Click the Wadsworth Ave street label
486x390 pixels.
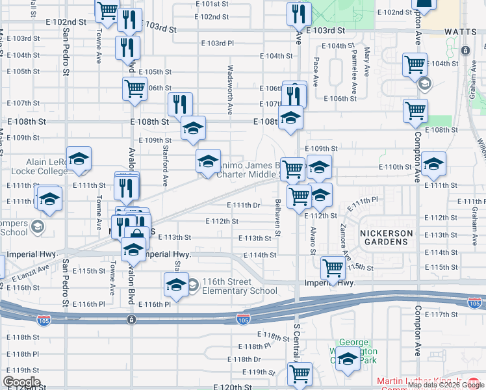click(x=229, y=88)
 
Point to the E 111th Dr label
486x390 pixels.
click(x=244, y=205)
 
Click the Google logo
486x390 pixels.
click(x=21, y=382)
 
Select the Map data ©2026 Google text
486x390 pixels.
click(x=446, y=385)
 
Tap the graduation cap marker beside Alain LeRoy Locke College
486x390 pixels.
click(x=79, y=159)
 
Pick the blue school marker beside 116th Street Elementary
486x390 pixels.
click(x=175, y=285)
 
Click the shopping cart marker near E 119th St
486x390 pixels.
click(x=300, y=374)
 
